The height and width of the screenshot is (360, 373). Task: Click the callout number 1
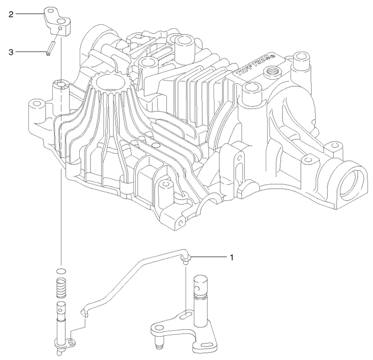(x=230, y=257)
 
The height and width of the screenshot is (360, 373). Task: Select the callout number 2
(x=11, y=14)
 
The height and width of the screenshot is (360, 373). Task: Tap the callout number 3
(x=11, y=52)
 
